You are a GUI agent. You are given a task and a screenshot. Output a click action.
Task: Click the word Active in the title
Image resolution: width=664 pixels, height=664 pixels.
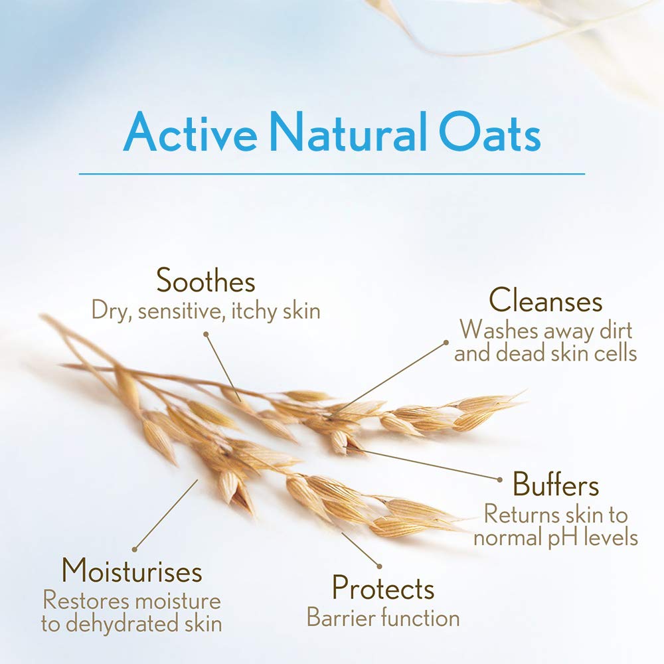pos(190,131)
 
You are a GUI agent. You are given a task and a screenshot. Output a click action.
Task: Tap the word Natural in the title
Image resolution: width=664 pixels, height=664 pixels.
pos(348,131)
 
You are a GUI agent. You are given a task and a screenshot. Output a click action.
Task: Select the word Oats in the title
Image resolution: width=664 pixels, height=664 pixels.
pos(489,131)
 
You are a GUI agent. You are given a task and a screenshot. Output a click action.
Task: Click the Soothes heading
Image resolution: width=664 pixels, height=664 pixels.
pos(206,280)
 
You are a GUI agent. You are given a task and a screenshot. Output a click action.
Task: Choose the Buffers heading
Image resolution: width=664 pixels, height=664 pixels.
pos(556,484)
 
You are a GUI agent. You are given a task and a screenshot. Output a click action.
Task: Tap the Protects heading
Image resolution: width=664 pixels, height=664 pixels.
pos(383,588)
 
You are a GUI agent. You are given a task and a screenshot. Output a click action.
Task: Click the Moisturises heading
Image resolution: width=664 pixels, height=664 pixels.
pos(131,571)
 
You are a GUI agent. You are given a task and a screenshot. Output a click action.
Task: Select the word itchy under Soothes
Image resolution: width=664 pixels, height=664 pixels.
pos(253,312)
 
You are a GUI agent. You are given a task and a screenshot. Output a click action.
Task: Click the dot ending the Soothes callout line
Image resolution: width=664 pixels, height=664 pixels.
pos(206,334)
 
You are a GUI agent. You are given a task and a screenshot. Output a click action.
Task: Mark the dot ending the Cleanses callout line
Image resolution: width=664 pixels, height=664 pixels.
pos(446,342)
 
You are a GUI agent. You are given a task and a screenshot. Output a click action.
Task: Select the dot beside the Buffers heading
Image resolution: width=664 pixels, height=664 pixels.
pos(500,480)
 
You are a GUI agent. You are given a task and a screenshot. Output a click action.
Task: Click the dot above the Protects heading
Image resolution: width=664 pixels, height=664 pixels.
pos(379,566)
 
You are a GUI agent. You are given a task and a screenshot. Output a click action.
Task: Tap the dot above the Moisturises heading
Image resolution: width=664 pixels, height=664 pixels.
pos(134,550)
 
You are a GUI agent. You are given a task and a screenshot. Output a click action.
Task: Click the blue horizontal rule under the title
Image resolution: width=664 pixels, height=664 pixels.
pos(332,173)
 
